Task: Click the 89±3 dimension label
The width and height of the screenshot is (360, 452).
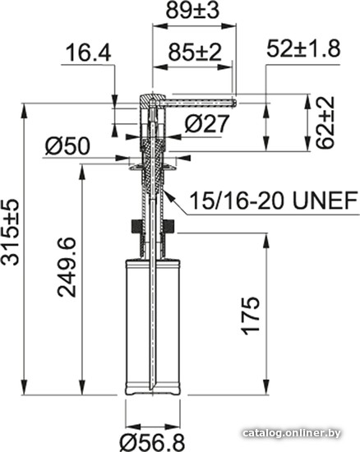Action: (x=192, y=11)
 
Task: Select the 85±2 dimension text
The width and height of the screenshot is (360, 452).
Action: (x=195, y=52)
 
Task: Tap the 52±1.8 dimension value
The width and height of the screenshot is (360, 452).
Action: (x=303, y=48)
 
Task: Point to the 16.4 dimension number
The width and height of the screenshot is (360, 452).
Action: (x=88, y=53)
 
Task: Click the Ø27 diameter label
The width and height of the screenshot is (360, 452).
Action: (x=206, y=123)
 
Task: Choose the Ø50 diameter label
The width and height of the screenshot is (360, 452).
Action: (x=67, y=145)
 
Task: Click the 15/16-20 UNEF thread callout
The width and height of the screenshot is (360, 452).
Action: (x=274, y=201)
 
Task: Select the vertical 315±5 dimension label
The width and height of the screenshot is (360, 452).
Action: (x=10, y=232)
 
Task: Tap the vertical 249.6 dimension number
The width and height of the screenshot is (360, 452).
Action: (x=67, y=267)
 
